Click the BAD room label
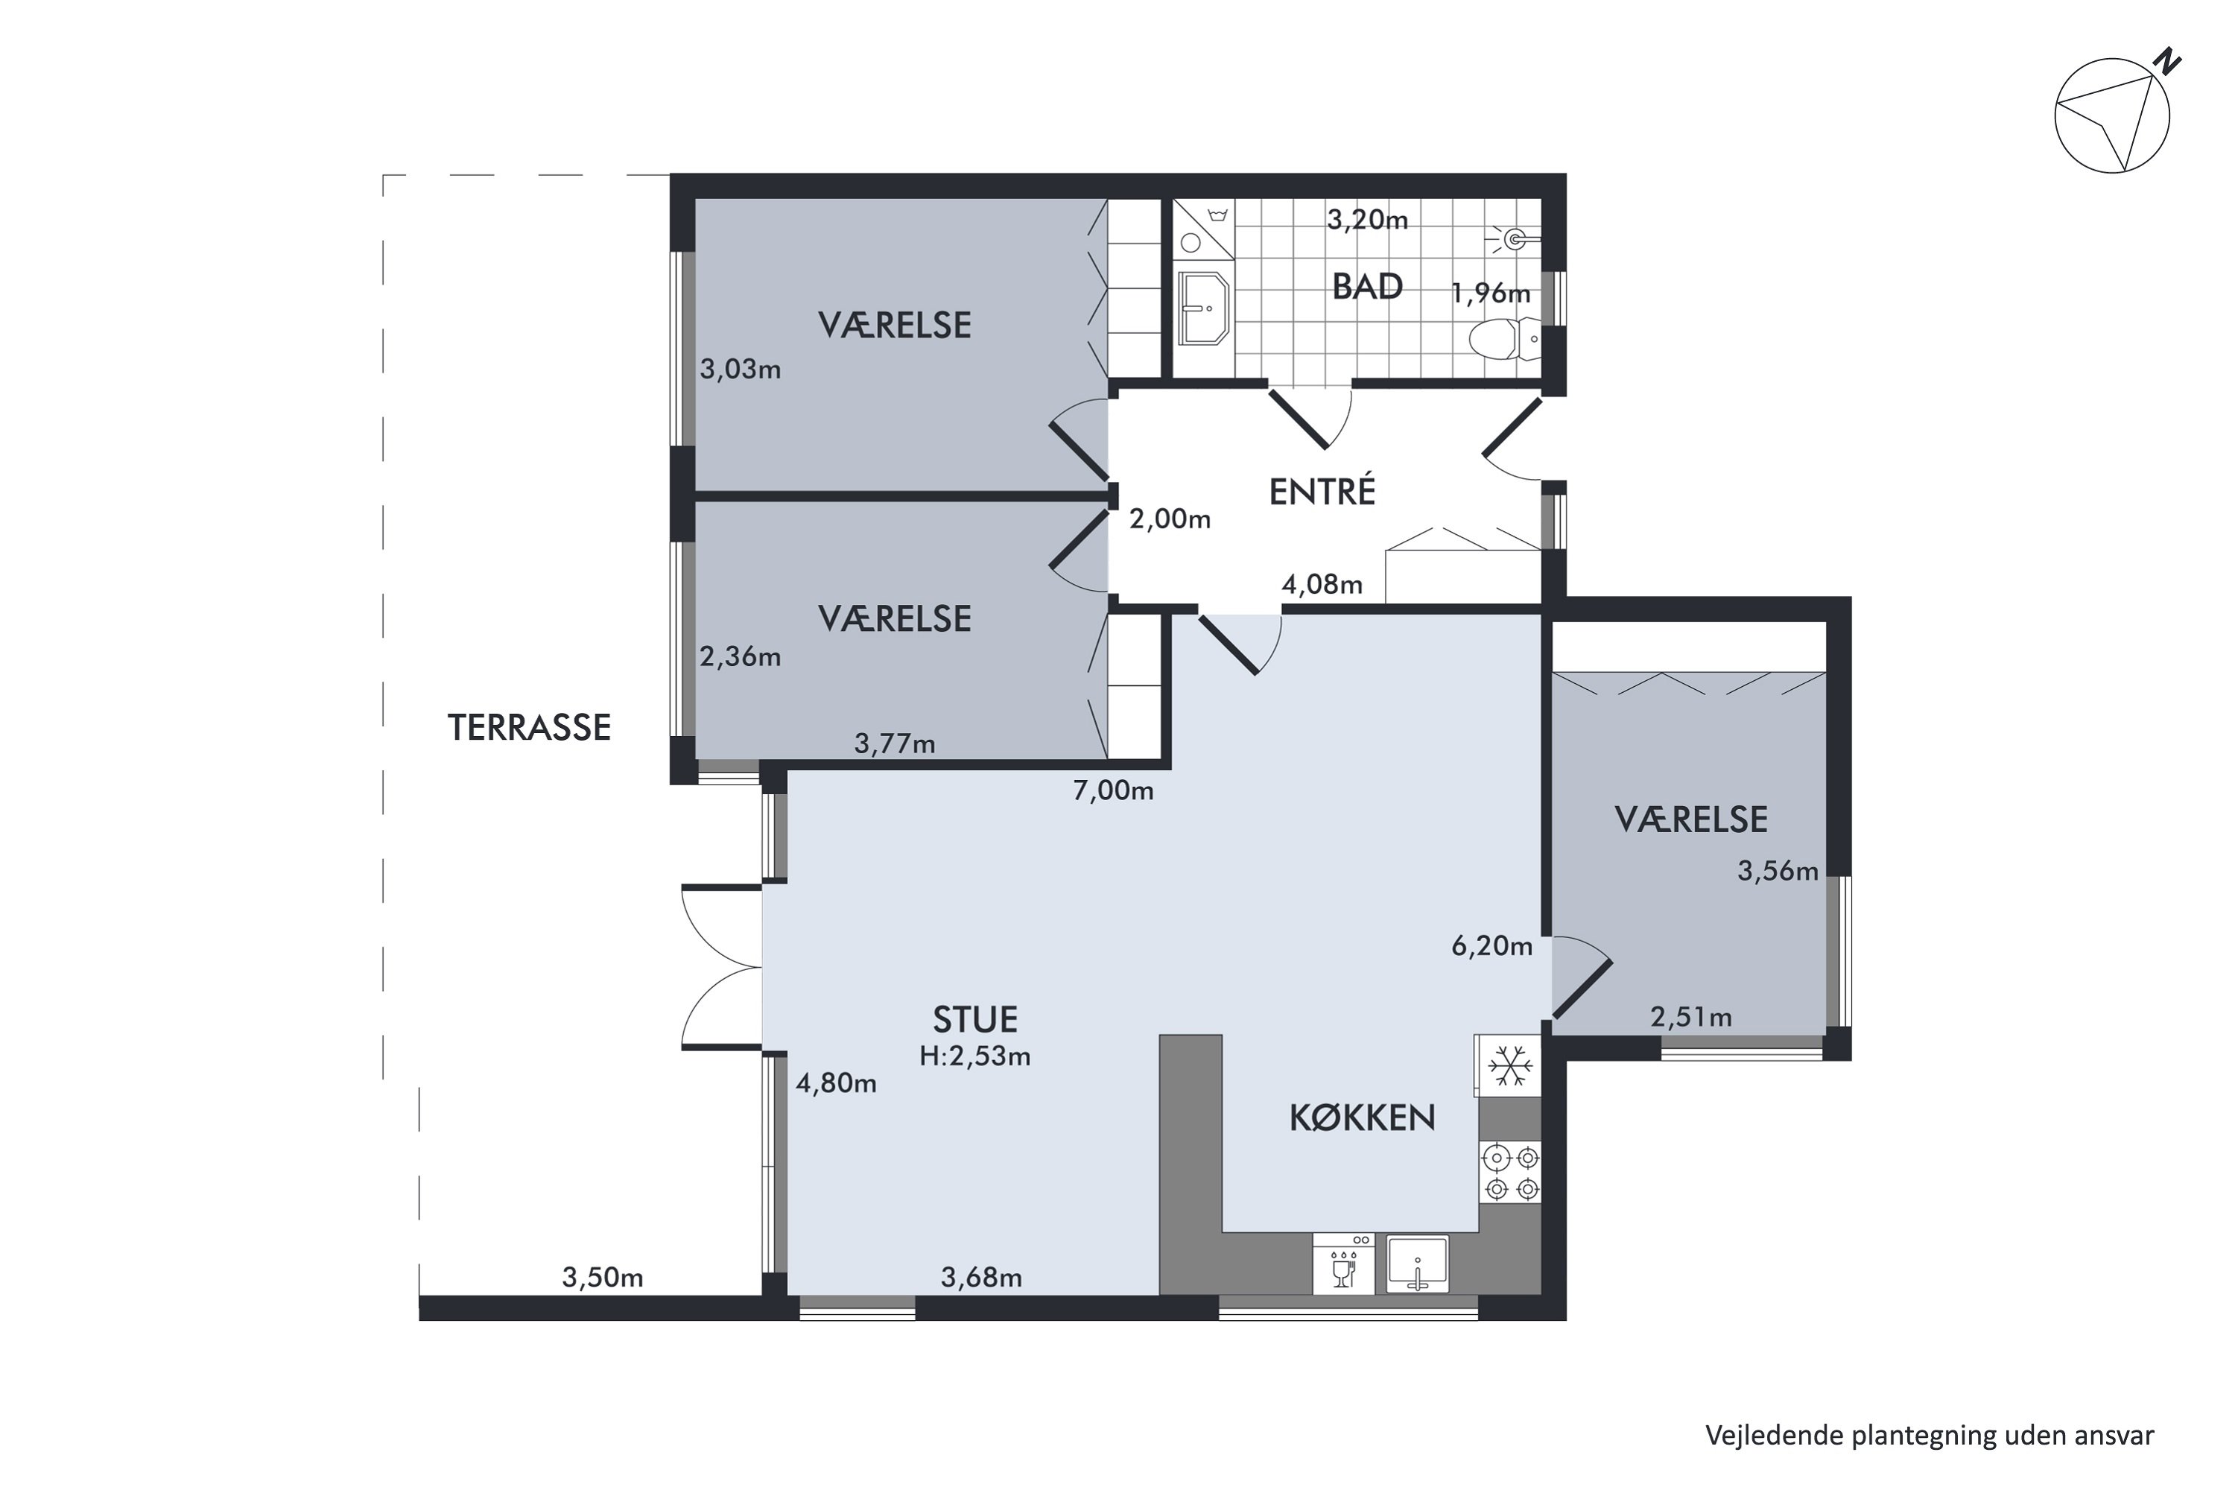pyautogui.click(x=1366, y=286)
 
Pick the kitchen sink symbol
pyautogui.click(x=1417, y=1264)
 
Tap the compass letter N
pyautogui.click(x=2167, y=63)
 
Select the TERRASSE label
pyautogui.click(x=529, y=728)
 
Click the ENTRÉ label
pyautogui.click(x=1322, y=491)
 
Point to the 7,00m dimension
pyautogui.click(x=1113, y=790)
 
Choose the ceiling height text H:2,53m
pyautogui.click(x=975, y=1056)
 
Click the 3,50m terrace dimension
pyautogui.click(x=603, y=1277)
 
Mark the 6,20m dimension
pyautogui.click(x=1492, y=945)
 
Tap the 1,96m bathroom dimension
pyautogui.click(x=1490, y=294)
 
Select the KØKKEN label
pyautogui.click(x=1362, y=1118)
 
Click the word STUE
pyautogui.click(x=975, y=1020)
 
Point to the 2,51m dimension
pyautogui.click(x=1690, y=1018)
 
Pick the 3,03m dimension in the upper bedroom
pyautogui.click(x=741, y=369)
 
